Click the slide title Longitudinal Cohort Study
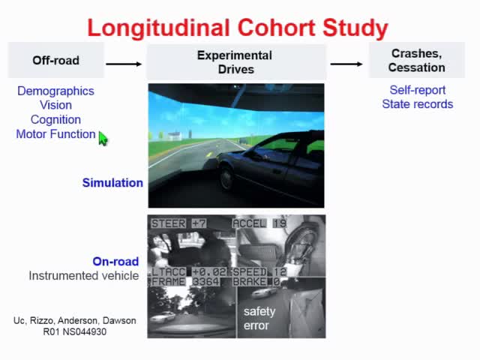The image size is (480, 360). [237, 28]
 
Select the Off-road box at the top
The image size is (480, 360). [55, 61]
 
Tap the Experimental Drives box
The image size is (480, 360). [235, 61]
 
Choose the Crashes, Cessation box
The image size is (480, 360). [416, 60]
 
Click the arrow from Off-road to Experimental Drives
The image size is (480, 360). [124, 64]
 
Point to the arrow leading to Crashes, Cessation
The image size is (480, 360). [346, 64]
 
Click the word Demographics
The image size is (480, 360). [55, 91]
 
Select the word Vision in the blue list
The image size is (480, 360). [55, 105]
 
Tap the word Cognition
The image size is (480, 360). [55, 119]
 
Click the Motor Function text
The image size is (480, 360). [55, 134]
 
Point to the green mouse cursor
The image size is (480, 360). [103, 139]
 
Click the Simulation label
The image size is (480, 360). [112, 182]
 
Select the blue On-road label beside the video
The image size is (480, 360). [115, 262]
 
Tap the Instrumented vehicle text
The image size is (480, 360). [83, 275]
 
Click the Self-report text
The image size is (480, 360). [417, 90]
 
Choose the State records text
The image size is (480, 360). [417, 104]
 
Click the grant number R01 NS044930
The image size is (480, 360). [74, 331]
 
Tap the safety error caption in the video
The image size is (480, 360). [259, 318]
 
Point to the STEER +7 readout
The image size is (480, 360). [178, 223]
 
